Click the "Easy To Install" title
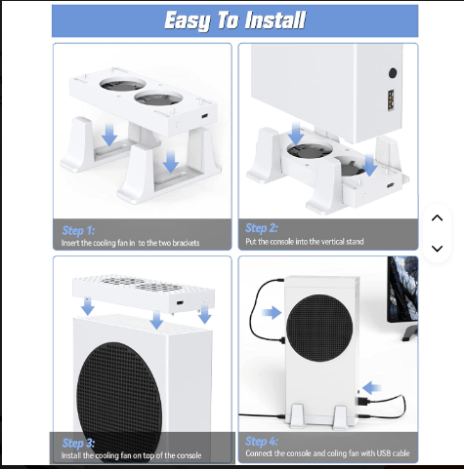click(234, 20)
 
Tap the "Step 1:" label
click(78, 230)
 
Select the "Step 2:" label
click(262, 228)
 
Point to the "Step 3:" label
click(78, 443)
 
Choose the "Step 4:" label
click(262, 442)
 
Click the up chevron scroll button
click(437, 218)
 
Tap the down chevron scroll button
click(437, 249)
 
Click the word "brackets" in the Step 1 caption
click(186, 243)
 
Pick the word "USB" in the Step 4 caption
click(384, 453)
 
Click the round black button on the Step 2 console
click(393, 73)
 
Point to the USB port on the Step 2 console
click(391, 100)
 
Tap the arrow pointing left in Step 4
click(371, 388)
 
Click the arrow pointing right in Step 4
click(272, 313)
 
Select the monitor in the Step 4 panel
click(402, 297)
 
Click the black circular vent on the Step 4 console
click(319, 328)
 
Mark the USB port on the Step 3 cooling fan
click(180, 303)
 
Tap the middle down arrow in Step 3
click(156, 320)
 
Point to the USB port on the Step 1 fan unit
click(205, 116)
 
